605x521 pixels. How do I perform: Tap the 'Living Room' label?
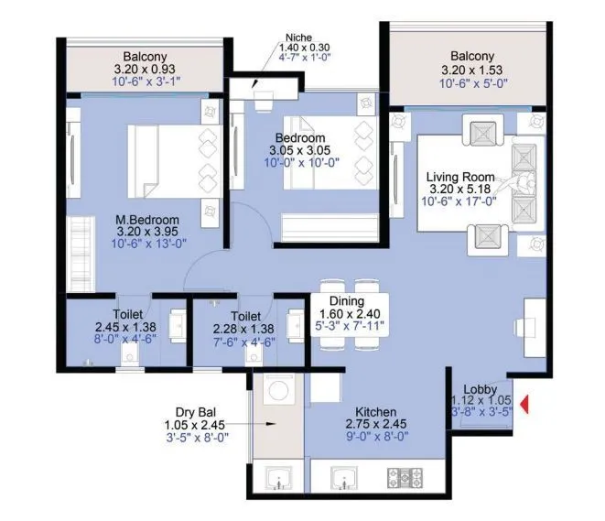click(x=460, y=177)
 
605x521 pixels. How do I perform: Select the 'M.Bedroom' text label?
click(x=146, y=220)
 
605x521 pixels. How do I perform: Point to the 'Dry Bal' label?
click(x=194, y=412)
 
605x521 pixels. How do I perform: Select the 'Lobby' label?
click(x=481, y=387)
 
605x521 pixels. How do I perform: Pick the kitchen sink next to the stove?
click(x=341, y=478)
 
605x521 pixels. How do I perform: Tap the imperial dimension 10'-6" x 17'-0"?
click(x=460, y=202)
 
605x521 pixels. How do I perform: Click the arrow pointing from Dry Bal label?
click(x=261, y=425)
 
